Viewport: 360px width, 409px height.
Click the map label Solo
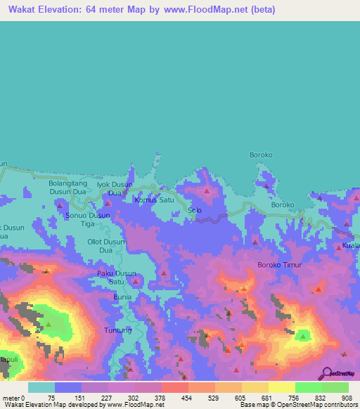[195, 210]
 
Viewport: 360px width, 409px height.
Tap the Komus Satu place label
[154, 200]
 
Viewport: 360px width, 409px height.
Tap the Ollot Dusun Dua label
[106, 245]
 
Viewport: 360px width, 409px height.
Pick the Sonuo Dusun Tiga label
[87, 219]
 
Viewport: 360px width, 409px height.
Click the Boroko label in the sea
[261, 154]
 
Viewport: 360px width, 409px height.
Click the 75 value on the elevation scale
[51, 397]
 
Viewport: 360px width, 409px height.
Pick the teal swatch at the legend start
[41, 387]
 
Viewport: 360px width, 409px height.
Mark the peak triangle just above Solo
[207, 190]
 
